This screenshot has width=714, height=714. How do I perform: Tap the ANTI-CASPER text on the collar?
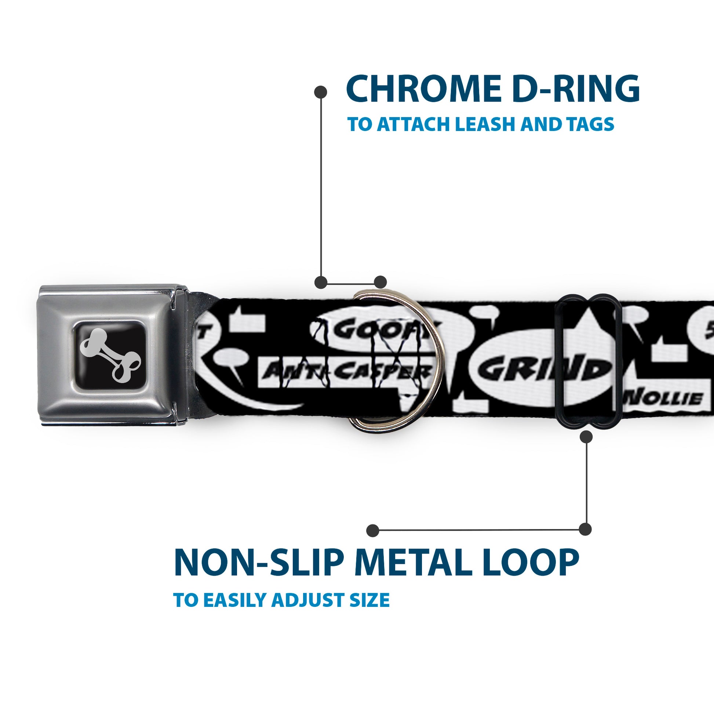point(347,370)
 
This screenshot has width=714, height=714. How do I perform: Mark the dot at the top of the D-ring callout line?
point(320,92)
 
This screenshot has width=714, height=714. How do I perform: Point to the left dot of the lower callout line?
point(373,530)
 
